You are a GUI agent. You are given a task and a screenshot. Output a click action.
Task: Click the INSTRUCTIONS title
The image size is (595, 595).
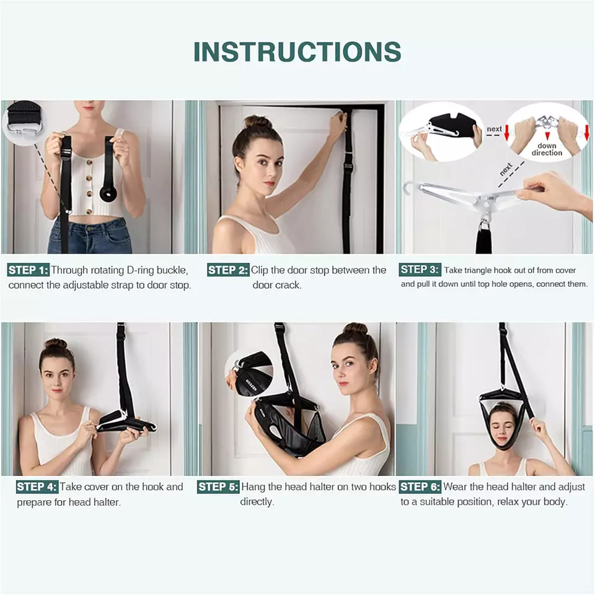pyautogui.click(x=297, y=51)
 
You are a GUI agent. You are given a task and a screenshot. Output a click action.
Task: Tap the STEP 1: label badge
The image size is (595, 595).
pyautogui.click(x=28, y=270)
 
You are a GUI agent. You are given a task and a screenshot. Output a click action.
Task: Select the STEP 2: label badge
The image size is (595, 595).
pyautogui.click(x=227, y=270)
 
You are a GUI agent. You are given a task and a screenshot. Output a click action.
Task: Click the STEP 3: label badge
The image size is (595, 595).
pyautogui.click(x=420, y=270)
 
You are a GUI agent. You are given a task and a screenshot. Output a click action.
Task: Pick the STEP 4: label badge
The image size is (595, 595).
pyautogui.click(x=37, y=487)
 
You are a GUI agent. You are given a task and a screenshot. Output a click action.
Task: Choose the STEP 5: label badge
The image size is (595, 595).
pyautogui.click(x=218, y=487)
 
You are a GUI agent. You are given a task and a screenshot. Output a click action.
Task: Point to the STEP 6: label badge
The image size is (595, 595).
pyautogui.click(x=420, y=487)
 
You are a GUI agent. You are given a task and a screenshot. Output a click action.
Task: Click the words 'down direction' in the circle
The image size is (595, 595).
pyautogui.click(x=546, y=149)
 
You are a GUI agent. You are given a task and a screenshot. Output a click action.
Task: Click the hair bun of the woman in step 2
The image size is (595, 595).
pyautogui.click(x=256, y=121)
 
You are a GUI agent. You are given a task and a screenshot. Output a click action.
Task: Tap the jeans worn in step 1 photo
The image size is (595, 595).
pyautogui.click(x=90, y=236)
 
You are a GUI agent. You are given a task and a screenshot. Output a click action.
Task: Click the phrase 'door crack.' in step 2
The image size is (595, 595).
pyautogui.click(x=276, y=286)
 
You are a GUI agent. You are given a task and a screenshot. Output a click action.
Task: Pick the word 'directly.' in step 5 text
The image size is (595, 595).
pyautogui.click(x=257, y=502)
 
